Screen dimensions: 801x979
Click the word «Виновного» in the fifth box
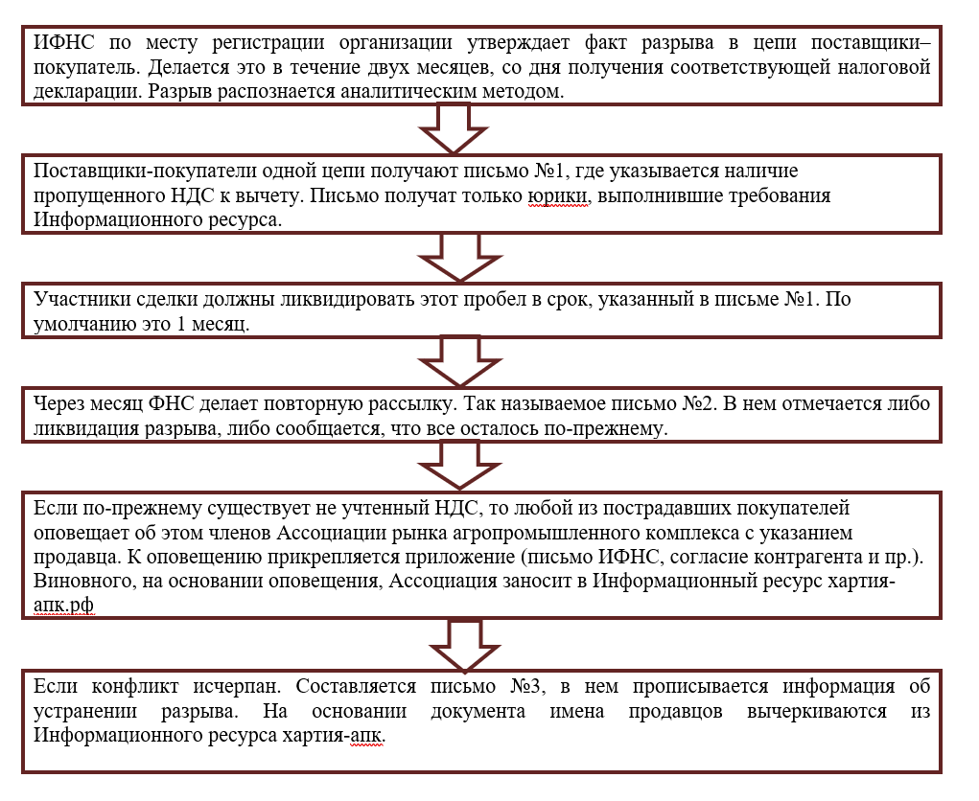click(x=79, y=582)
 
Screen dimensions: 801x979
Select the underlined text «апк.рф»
click(x=64, y=606)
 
